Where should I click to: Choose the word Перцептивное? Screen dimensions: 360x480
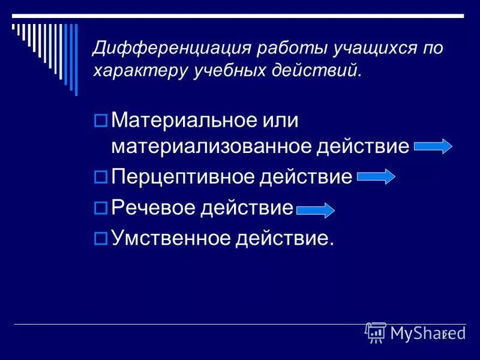(184, 177)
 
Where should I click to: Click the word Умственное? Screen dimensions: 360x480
(172, 239)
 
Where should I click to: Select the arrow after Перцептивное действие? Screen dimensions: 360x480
(376, 176)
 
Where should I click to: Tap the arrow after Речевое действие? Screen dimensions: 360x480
(316, 210)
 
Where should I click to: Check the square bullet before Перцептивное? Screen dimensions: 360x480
(101, 177)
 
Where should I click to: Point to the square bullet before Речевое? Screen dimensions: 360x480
(101, 208)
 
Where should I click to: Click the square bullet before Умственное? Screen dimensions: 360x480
(101, 239)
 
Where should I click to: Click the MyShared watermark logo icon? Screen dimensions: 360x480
(376, 332)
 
